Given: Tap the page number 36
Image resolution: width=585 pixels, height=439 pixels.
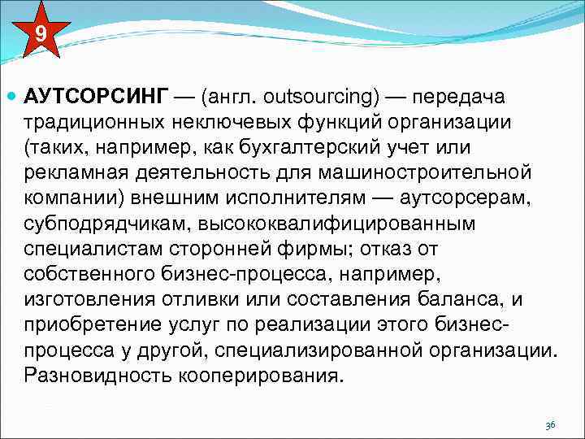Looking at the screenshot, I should tap(550, 425).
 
